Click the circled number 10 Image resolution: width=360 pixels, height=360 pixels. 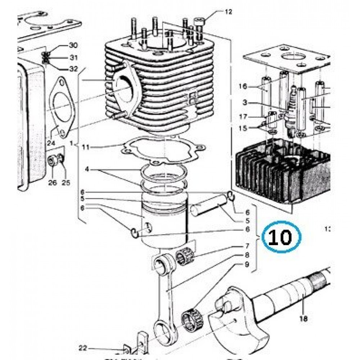pyautogui.click(x=281, y=237)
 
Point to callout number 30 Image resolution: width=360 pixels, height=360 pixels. pyautogui.click(x=73, y=46)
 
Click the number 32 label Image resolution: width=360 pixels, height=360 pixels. pyautogui.click(x=73, y=68)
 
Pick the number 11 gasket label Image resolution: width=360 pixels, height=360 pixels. pyautogui.click(x=85, y=147)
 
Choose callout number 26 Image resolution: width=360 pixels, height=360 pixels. pyautogui.click(x=53, y=183)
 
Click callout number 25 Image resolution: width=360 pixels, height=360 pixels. pyautogui.click(x=66, y=183)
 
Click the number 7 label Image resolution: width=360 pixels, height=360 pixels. pyautogui.click(x=247, y=246)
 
